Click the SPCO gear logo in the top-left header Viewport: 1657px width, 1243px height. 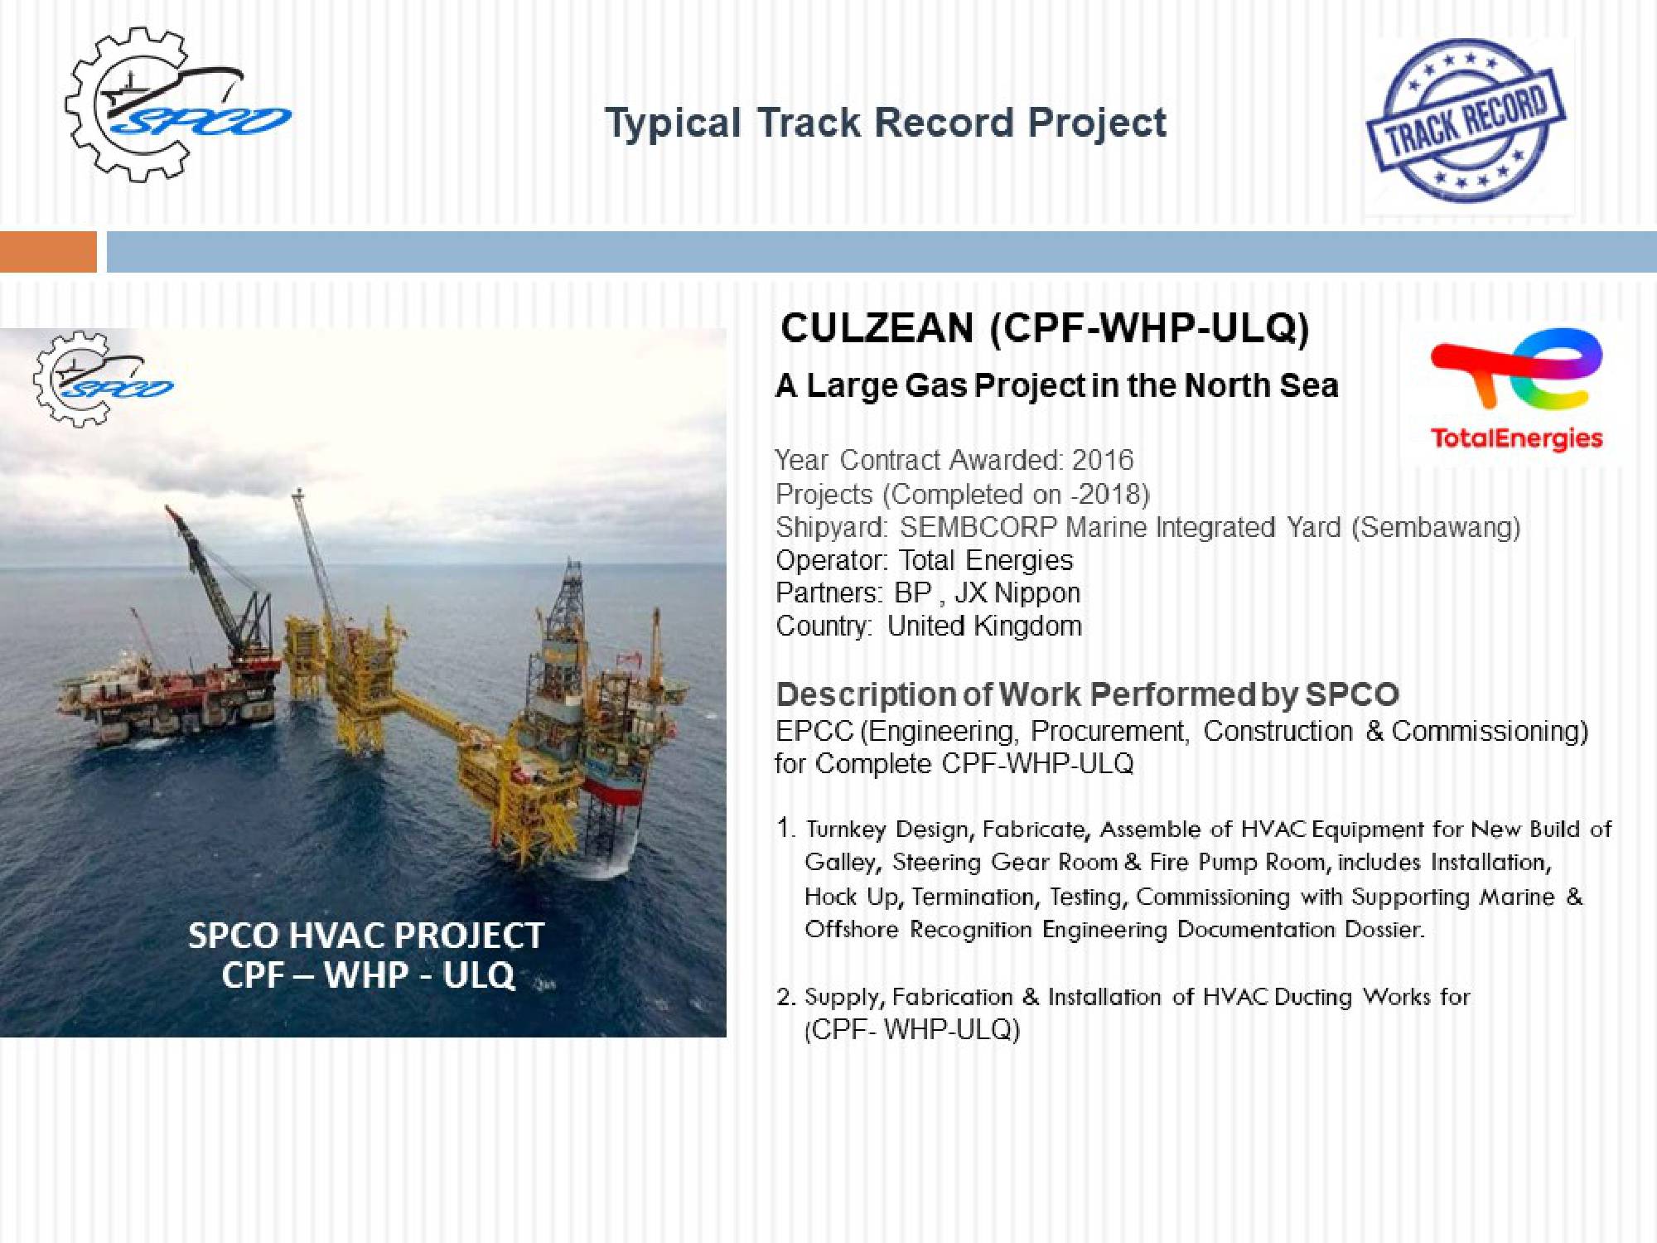177,104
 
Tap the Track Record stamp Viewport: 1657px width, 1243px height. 1466,121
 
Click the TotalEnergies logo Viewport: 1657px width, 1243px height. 1516,389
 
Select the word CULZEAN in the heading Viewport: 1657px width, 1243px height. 877,328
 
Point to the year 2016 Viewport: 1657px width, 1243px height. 1103,460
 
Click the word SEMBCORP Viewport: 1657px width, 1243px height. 978,527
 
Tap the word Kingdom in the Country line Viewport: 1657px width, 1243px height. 1027,626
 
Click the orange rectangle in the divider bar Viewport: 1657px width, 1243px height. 48,252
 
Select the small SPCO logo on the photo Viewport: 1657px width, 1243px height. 103,380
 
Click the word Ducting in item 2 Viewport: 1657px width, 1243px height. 1313,997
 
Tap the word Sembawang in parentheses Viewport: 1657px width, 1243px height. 1436,527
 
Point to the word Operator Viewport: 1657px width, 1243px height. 831,561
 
